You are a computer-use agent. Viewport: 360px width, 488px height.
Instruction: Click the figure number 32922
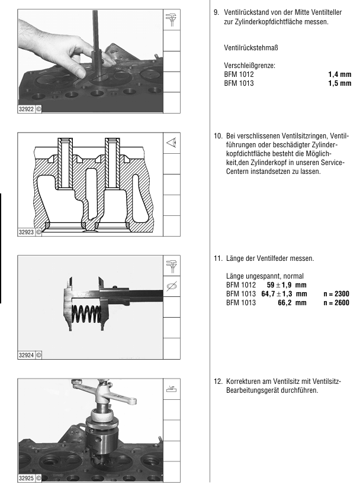(26, 109)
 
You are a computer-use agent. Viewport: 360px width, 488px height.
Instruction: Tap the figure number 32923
(26, 232)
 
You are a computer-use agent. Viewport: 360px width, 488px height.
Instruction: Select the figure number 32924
(26, 355)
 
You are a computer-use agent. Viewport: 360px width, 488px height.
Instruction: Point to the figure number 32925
(26, 479)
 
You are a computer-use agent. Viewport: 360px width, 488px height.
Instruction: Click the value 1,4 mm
(339, 75)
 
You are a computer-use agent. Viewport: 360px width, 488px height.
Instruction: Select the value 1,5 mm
(339, 83)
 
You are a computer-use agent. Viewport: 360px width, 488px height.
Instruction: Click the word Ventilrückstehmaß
(251, 48)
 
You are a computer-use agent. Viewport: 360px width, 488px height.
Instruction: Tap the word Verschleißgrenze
(249, 66)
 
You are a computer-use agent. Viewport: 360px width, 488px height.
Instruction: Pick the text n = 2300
(336, 294)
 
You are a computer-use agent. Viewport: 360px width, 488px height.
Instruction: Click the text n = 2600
(336, 303)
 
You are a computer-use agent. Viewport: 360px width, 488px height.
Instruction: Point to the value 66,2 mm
(292, 303)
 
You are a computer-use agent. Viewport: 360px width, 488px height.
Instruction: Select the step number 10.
(218, 136)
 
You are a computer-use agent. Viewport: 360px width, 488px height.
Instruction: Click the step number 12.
(218, 382)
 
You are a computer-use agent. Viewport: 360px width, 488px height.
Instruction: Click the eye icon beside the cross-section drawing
(171, 143)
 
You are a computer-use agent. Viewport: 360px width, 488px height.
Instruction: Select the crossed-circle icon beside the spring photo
(171, 286)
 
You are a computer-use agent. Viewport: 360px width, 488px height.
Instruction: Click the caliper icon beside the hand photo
(171, 20)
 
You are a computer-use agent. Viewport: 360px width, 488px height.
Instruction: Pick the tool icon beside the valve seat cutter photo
(171, 389)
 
